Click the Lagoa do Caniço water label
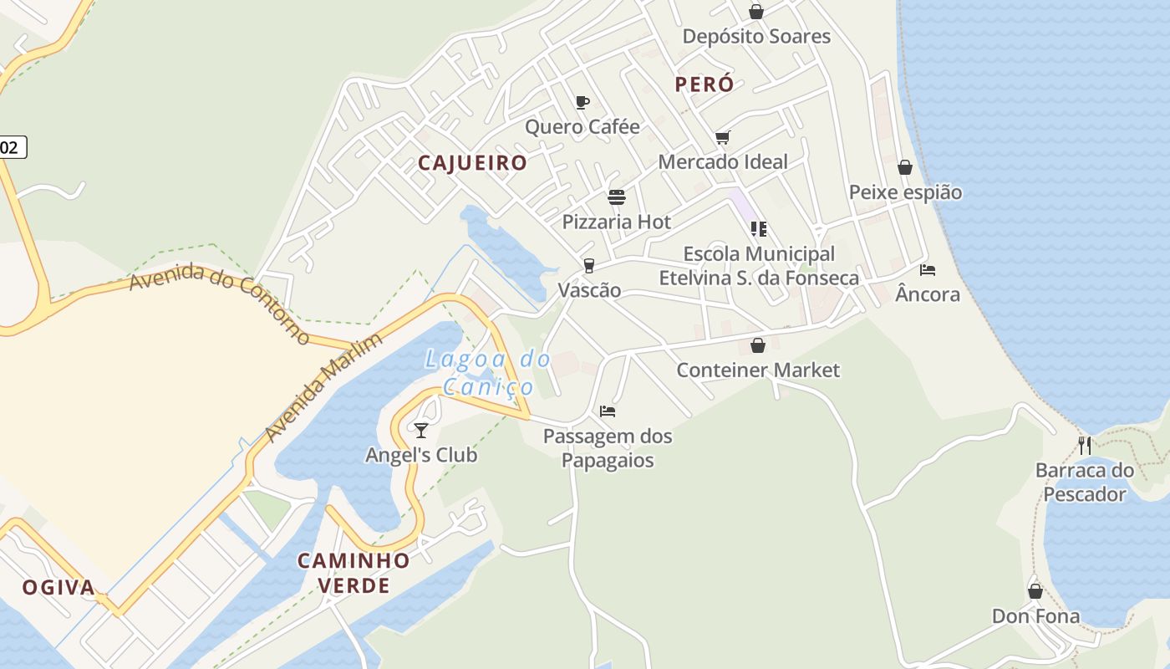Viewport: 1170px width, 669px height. (488, 373)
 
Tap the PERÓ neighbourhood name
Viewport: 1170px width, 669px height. (704, 84)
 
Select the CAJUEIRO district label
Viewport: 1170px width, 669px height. (472, 163)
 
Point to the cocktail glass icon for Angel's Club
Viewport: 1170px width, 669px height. (421, 430)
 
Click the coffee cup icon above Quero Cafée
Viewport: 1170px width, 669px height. (582, 103)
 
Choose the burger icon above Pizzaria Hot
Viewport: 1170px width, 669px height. (617, 197)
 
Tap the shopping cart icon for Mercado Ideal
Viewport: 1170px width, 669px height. (722, 137)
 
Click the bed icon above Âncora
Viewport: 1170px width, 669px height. (927, 269)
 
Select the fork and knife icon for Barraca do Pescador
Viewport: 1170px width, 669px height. (1084, 445)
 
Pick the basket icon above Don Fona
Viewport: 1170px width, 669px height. (1035, 591)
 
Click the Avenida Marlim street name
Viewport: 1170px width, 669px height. (323, 387)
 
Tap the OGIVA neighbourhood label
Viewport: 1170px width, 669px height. (58, 587)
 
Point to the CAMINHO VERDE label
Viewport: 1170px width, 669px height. (354, 572)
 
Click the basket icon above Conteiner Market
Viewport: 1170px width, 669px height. (758, 345)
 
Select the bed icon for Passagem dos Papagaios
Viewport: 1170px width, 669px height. (608, 411)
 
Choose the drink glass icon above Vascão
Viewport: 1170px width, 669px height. (589, 266)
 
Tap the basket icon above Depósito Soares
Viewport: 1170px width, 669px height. (756, 12)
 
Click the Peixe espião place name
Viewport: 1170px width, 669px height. (905, 192)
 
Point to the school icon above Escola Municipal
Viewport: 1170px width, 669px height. (758, 228)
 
